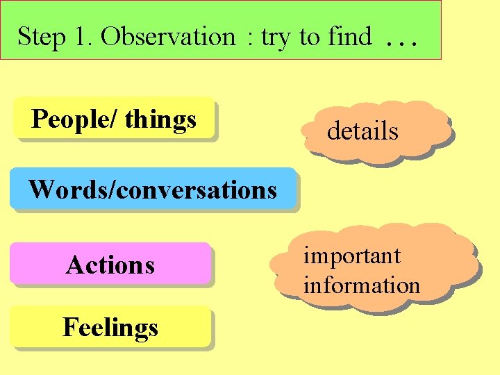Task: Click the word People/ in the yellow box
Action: coord(74,120)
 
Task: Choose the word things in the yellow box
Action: coord(160,120)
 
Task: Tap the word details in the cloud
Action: coord(362,131)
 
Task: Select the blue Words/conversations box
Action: coord(153,189)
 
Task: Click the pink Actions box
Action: coord(110,265)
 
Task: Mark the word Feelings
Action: coord(110,327)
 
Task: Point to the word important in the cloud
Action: coord(351,256)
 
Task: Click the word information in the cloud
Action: coord(361,285)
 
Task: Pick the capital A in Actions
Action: coord(74,265)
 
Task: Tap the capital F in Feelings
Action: coord(69,326)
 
